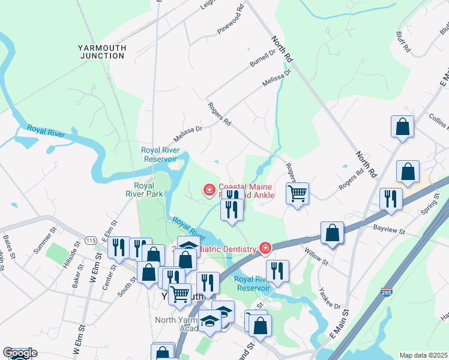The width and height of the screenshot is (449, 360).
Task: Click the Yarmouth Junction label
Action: [101, 51]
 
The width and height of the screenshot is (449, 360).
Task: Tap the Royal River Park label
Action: [148, 190]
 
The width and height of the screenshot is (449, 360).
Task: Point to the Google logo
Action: [19, 353]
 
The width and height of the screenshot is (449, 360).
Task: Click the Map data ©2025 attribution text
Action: [423, 355]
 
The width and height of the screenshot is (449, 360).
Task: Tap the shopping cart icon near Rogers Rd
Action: [297, 194]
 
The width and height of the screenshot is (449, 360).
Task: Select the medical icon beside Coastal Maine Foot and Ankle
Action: [209, 191]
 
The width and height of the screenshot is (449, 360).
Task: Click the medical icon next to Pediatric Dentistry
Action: [265, 248]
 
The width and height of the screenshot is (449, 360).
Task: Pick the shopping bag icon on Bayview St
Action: [332, 233]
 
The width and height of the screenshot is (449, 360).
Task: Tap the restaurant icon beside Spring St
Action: [391, 199]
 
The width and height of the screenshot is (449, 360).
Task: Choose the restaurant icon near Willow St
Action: [277, 270]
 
